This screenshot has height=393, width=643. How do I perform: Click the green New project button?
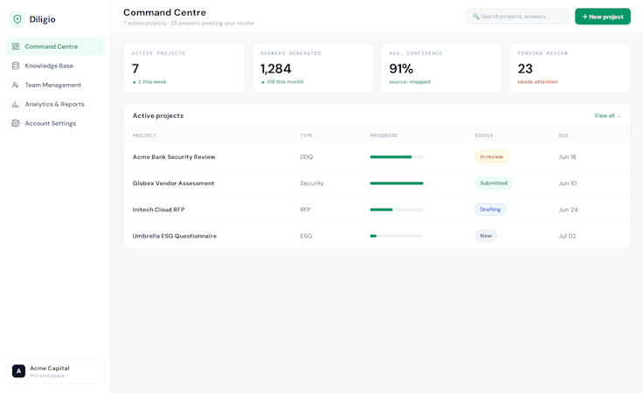[603, 17]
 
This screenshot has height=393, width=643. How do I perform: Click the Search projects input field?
[516, 17]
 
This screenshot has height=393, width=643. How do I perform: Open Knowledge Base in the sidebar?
[49, 65]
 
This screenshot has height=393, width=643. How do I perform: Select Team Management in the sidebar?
[53, 85]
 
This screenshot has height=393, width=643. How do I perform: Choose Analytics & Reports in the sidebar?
[54, 104]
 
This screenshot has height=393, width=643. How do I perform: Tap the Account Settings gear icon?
[16, 123]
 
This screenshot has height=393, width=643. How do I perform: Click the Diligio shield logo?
[17, 19]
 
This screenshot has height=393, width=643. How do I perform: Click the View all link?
[607, 115]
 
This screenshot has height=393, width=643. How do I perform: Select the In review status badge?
[492, 156]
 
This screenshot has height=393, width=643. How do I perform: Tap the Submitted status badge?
[494, 183]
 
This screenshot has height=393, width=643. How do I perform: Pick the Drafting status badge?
[490, 210]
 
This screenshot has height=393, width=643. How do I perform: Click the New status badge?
[486, 236]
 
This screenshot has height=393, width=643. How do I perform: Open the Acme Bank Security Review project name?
[174, 156]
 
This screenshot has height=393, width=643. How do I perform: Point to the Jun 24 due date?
[568, 210]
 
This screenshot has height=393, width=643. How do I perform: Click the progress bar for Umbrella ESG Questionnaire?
[397, 236]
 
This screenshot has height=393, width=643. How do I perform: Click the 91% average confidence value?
[401, 68]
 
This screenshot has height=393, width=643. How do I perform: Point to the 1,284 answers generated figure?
[275, 68]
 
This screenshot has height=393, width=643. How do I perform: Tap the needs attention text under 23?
[537, 82]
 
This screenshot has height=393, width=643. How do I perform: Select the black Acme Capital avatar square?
[18, 371]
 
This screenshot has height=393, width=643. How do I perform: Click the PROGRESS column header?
[384, 135]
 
